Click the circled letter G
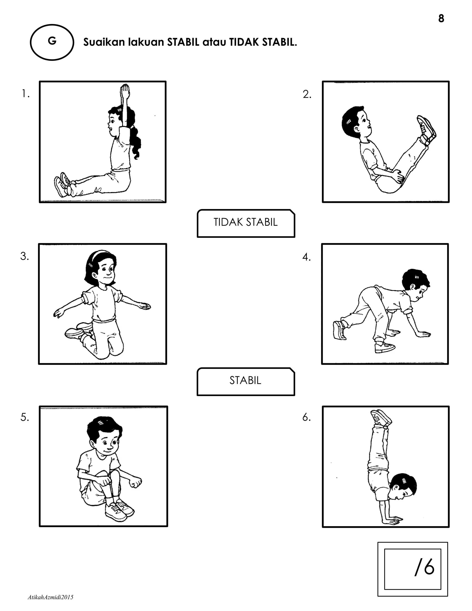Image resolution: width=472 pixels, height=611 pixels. [52, 42]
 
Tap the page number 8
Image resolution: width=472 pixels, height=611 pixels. [441, 18]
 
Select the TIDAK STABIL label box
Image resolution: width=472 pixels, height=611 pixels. [246, 222]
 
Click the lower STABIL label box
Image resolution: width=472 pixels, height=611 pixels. [245, 380]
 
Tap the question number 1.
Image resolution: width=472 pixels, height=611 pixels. [26, 94]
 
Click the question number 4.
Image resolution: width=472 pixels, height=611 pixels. [307, 257]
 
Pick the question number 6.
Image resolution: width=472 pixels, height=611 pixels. [307, 417]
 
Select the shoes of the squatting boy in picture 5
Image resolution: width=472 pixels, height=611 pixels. [119, 510]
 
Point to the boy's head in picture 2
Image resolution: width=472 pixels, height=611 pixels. [355, 121]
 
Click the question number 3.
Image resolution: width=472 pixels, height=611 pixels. [25, 256]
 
